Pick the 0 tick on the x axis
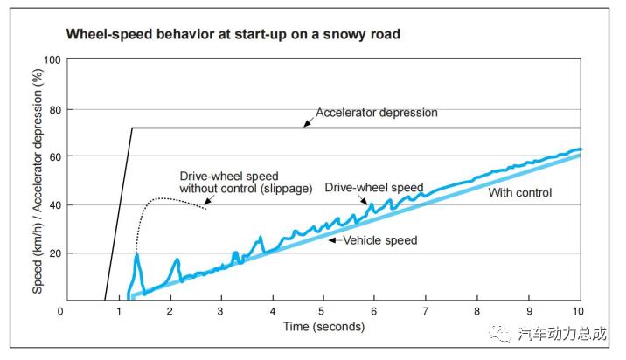60,312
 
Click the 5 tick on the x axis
322,312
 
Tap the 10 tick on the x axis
577,312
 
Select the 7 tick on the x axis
426,312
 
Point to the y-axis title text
38,180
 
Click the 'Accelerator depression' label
376,113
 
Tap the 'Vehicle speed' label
379,240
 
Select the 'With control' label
519,192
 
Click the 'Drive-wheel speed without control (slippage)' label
245,182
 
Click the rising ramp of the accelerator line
119,213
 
